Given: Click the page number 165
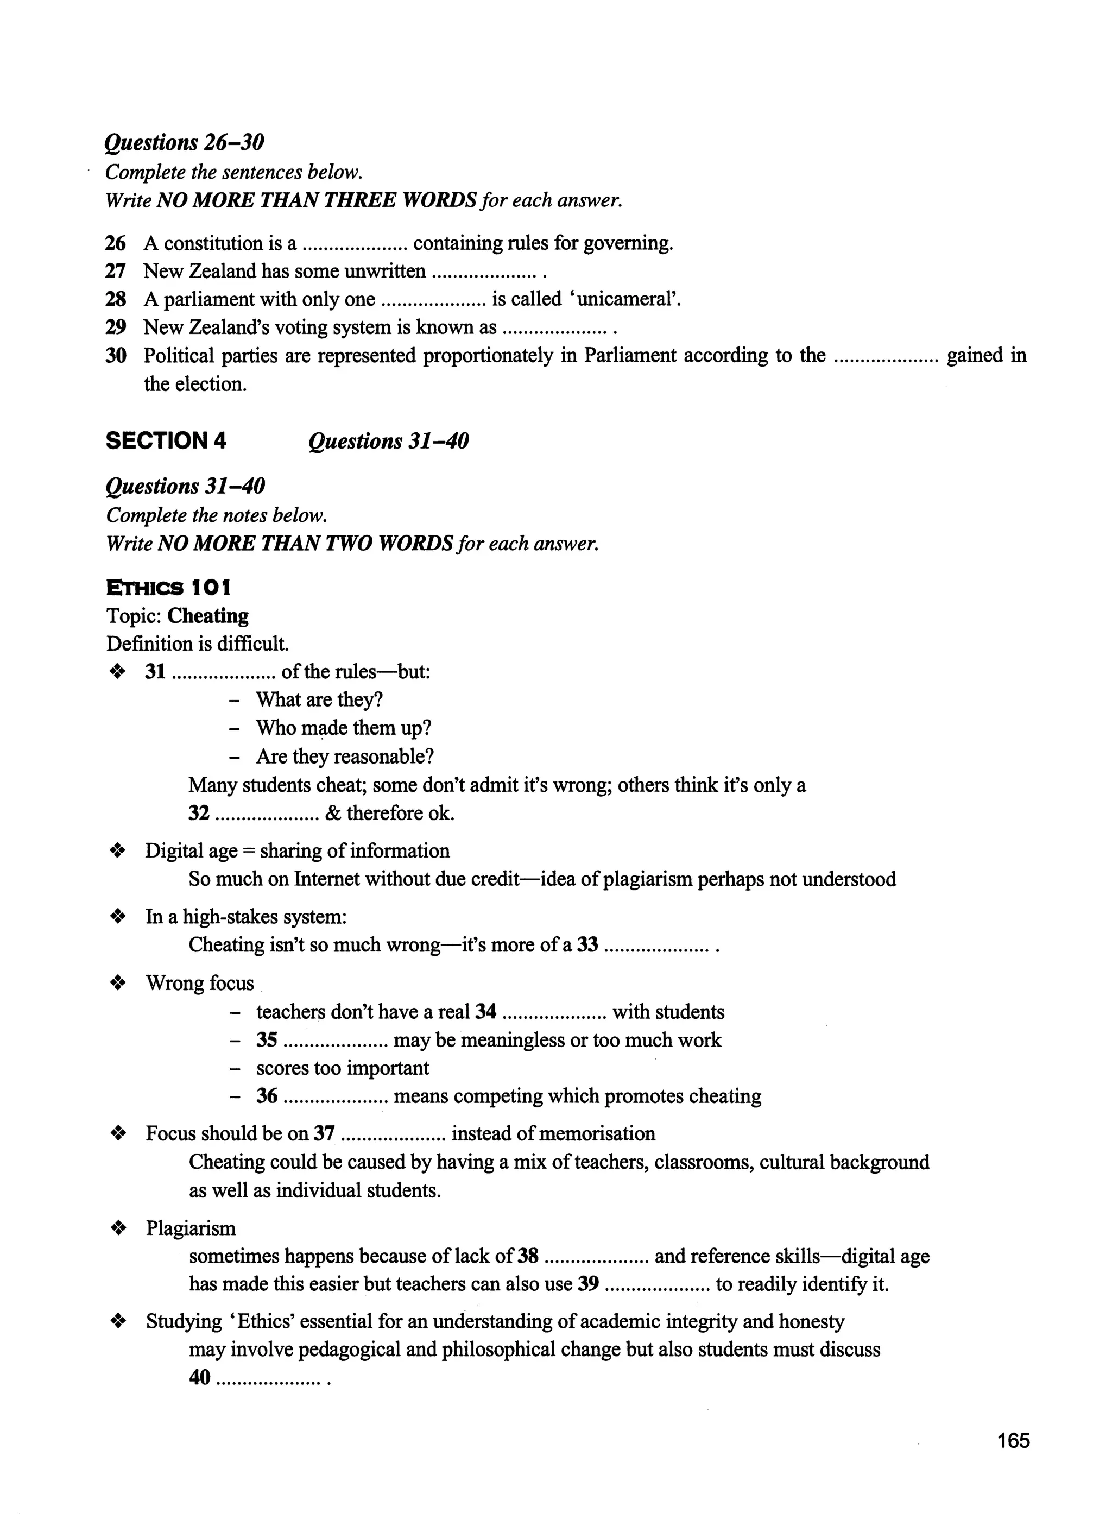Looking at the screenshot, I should [1014, 1441].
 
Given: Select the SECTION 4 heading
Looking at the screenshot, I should [166, 441].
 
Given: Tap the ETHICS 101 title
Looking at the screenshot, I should [168, 588].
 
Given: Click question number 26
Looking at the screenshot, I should [116, 243].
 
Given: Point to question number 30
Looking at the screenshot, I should [116, 356].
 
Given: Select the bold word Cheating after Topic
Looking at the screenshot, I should [208, 616].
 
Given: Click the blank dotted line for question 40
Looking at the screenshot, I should [269, 1378].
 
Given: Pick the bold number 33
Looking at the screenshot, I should [587, 946].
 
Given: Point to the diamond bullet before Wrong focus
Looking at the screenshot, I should [118, 984].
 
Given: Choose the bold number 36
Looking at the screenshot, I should [267, 1096].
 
